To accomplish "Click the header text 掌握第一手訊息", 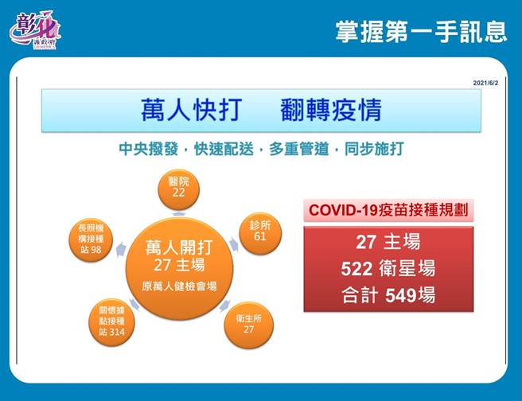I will tap(421, 31).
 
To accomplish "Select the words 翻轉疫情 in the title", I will tap(331, 110).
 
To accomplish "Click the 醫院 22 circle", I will tap(178, 187).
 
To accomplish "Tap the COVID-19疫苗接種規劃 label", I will tap(388, 210).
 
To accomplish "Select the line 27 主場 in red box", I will tap(388, 242).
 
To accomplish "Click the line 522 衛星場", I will tap(388, 269).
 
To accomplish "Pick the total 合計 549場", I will tap(388, 295).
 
